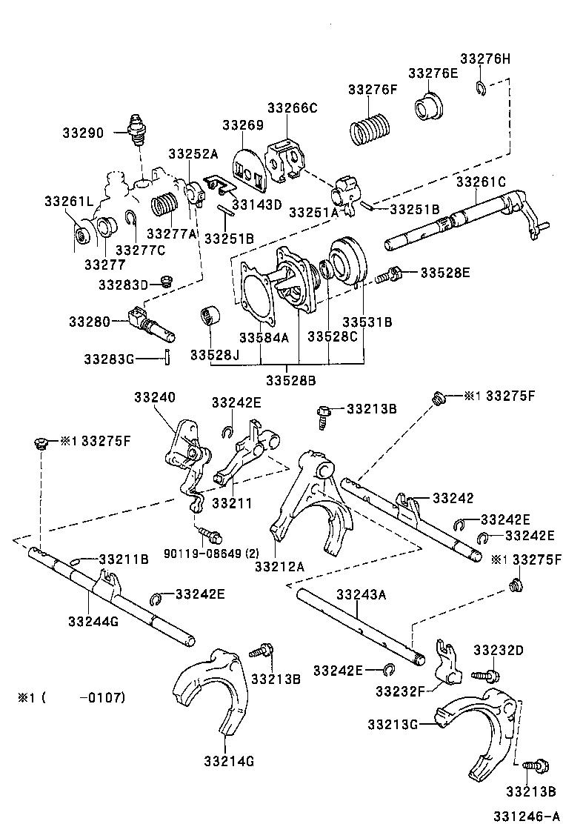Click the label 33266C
pyautogui.click(x=292, y=108)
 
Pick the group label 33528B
pyautogui.click(x=291, y=380)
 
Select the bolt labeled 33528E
pyautogui.click(x=387, y=276)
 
